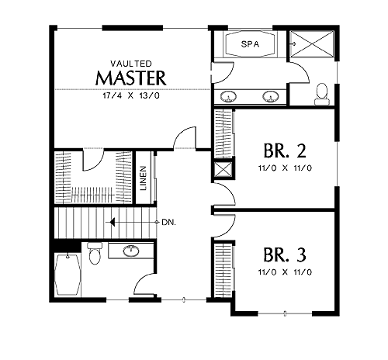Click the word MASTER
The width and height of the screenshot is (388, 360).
[x=130, y=78]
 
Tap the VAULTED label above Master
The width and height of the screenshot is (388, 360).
[x=131, y=64]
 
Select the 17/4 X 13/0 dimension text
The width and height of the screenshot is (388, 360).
[x=131, y=95]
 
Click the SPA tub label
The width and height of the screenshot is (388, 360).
[x=250, y=44]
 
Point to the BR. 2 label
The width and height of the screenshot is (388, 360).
[x=285, y=151]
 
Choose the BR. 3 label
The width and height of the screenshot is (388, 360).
[x=285, y=254]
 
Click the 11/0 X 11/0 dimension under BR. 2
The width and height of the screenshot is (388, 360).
[x=285, y=168]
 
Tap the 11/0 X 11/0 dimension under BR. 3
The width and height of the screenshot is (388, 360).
[x=285, y=272]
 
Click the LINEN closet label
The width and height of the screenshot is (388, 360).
[x=144, y=178]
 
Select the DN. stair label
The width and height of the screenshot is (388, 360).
[x=168, y=222]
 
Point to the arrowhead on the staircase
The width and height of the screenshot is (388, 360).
[x=113, y=222]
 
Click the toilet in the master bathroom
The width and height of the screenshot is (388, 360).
[x=322, y=94]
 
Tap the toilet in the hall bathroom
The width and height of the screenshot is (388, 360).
[x=95, y=253]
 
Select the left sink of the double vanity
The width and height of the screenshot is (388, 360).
[x=228, y=96]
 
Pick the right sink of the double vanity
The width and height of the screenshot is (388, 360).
[x=271, y=96]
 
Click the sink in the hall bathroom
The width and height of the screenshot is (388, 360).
[x=131, y=251]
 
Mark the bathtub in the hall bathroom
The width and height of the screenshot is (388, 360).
[x=68, y=275]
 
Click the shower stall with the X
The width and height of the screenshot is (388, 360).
[x=312, y=43]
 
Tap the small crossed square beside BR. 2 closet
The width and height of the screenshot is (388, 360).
[x=223, y=170]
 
